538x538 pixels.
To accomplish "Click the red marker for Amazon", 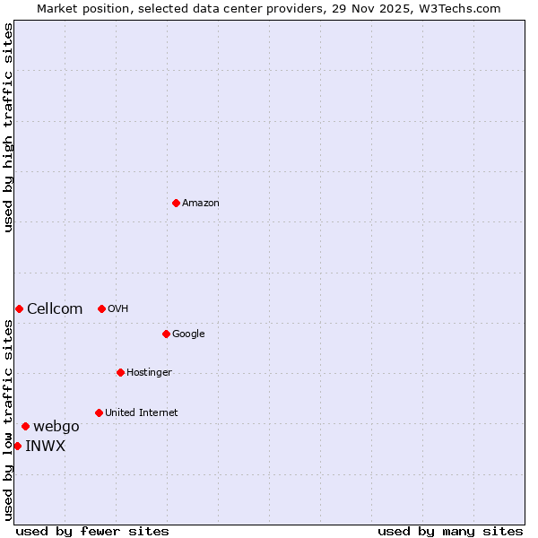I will pyautogui.click(x=176, y=203).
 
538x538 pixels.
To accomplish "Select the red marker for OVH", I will pyautogui.click(x=101, y=308).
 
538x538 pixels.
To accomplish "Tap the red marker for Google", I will pyautogui.click(x=166, y=334).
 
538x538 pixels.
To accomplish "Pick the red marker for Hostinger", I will pyautogui.click(x=120, y=372).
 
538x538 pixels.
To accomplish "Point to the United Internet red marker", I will pyautogui.click(x=99, y=412).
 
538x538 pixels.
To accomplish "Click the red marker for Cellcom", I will pyautogui.click(x=19, y=308).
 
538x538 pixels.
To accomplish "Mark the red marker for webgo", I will pyautogui.click(x=25, y=426).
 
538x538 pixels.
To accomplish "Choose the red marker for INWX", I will pyautogui.click(x=17, y=446).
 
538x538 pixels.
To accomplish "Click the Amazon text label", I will pyautogui.click(x=201, y=203).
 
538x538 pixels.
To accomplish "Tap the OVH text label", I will pyautogui.click(x=118, y=308).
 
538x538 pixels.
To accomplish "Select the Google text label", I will pyautogui.click(x=188, y=334).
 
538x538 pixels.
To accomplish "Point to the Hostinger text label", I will pyautogui.click(x=149, y=372).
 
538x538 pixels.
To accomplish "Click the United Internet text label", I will pyautogui.click(x=141, y=412).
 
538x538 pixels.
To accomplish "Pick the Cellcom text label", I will pyautogui.click(x=55, y=308).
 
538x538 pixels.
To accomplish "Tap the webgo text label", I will pyautogui.click(x=56, y=426).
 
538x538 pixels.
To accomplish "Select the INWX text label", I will pyautogui.click(x=45, y=446).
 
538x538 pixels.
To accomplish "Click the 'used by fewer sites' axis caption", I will pyautogui.click(x=92, y=531).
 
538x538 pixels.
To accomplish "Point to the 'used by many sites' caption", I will pyautogui.click(x=450, y=531).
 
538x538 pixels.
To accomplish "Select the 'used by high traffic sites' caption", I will pyautogui.click(x=8, y=127).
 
